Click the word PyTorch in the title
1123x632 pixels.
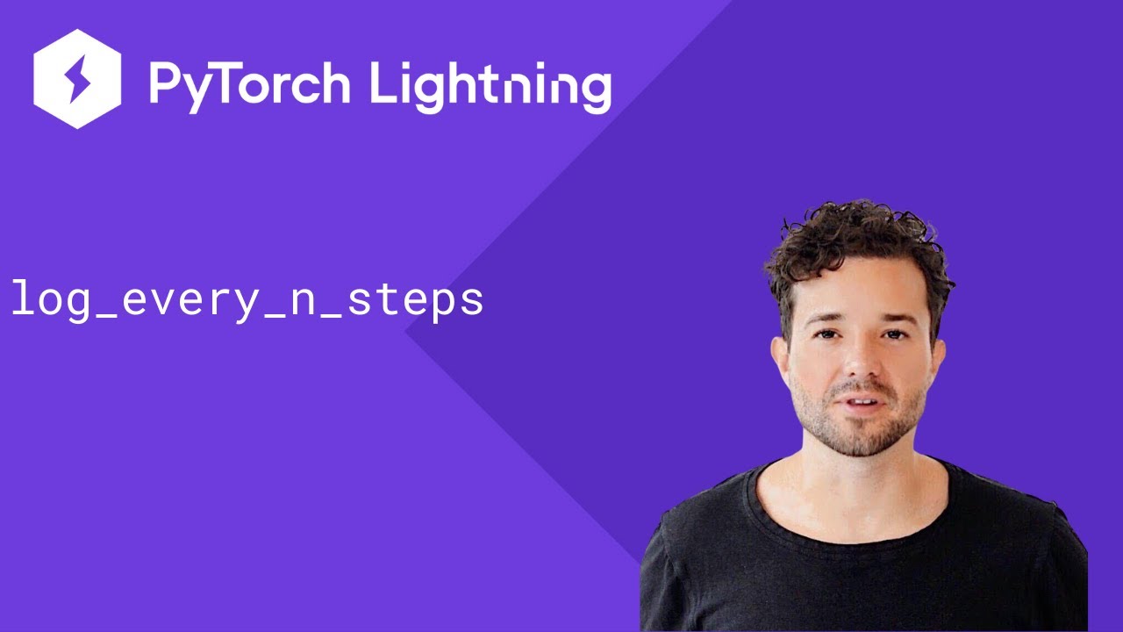(249, 83)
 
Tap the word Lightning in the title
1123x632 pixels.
(490, 85)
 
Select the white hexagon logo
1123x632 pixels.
(77, 78)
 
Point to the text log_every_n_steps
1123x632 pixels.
(247, 299)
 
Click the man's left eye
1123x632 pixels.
(894, 334)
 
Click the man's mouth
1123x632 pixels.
(862, 402)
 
